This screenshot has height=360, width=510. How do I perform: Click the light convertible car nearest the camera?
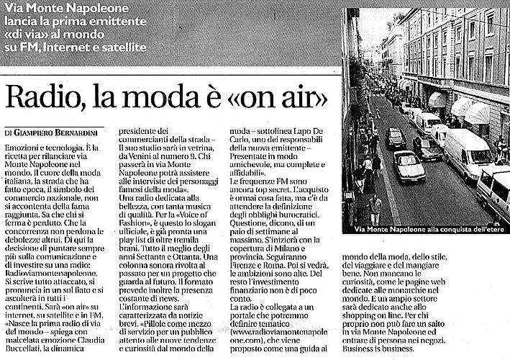409,167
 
